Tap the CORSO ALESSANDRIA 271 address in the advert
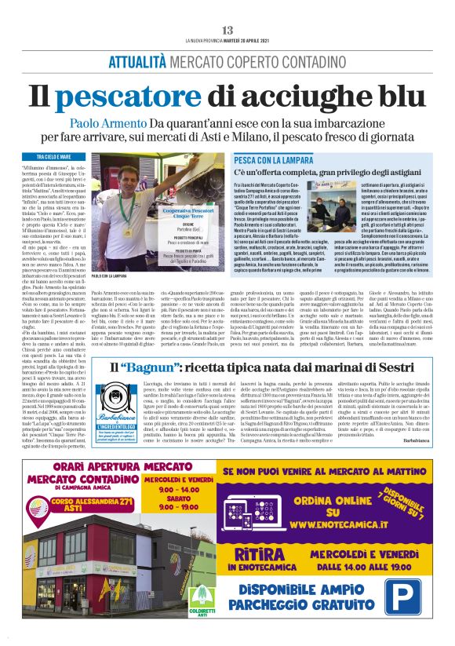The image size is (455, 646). [94, 524]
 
